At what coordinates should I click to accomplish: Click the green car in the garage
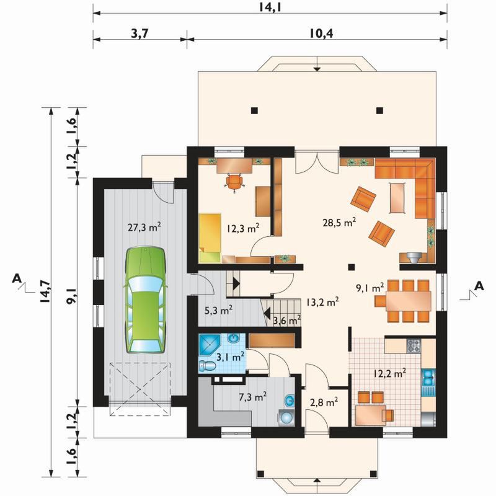[146, 299]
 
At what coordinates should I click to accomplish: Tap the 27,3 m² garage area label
[144, 227]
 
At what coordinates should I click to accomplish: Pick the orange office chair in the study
[234, 183]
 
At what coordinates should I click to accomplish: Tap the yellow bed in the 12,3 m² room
[210, 238]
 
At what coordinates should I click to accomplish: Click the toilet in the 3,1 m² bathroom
[207, 366]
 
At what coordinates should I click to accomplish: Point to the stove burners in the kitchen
[414, 345]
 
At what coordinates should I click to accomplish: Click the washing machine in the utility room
[287, 418]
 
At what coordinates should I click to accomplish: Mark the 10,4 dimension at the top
[321, 33]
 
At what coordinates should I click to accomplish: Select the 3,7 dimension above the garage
[139, 33]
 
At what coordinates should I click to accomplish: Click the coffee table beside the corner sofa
[397, 198]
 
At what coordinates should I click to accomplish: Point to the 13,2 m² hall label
[322, 302]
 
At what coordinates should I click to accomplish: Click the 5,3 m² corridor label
[219, 311]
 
